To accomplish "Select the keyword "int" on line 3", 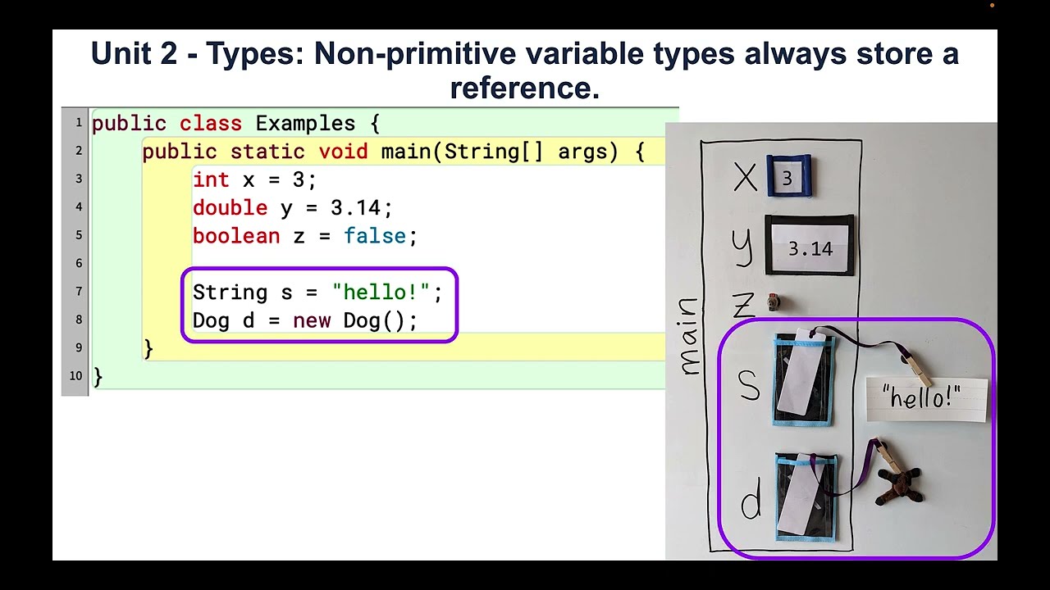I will tap(212, 179).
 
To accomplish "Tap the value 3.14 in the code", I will tap(361, 208).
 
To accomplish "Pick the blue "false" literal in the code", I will tap(374, 236).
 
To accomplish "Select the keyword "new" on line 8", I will tap(312, 320).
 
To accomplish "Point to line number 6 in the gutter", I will tap(78, 263).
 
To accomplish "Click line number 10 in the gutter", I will tap(75, 376).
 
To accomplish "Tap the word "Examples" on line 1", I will tap(305, 124).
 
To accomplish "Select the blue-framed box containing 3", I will tap(788, 176).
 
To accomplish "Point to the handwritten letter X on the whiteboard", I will tap(745, 176).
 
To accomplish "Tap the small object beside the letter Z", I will tap(772, 304).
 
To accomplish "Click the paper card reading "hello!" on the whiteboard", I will tap(927, 399).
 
